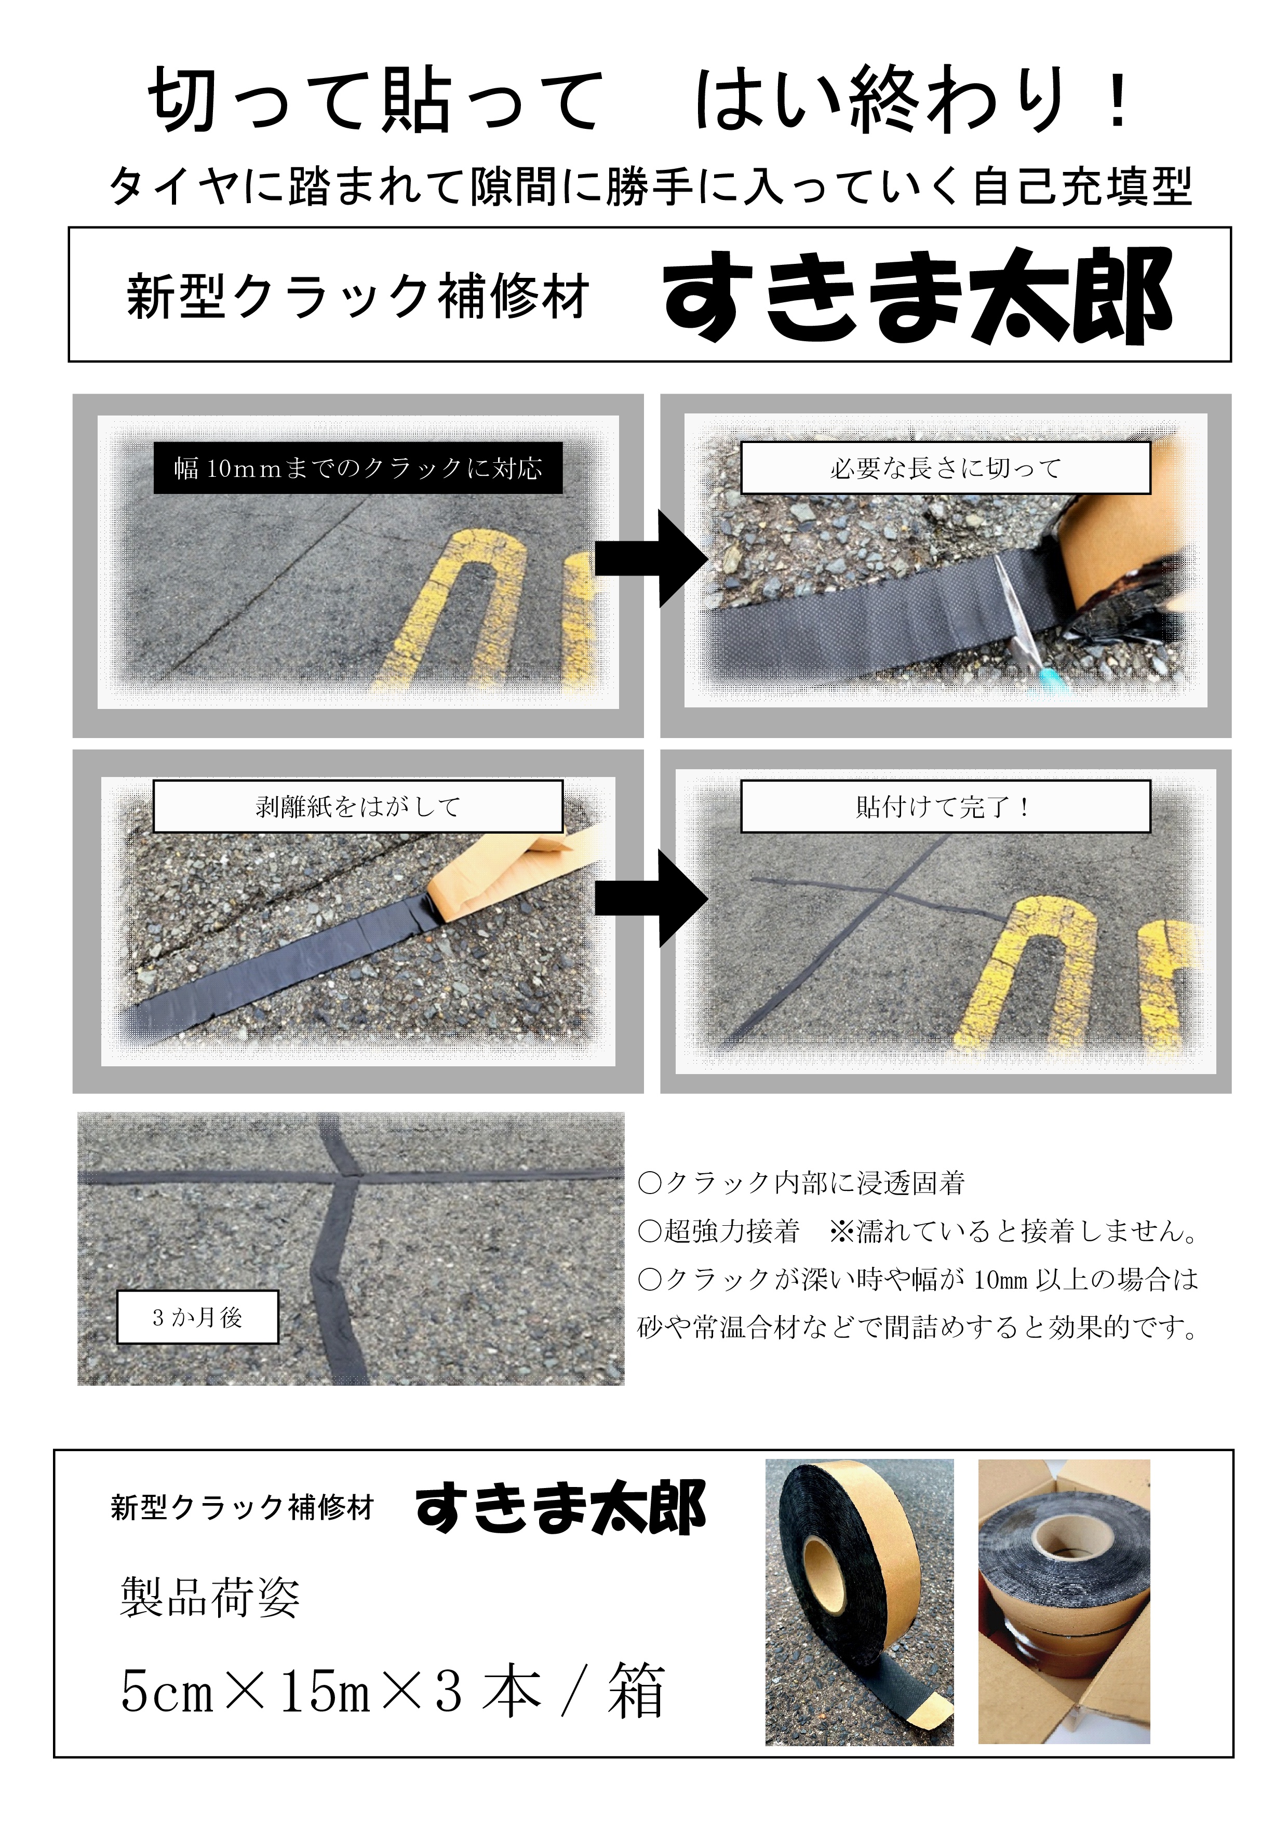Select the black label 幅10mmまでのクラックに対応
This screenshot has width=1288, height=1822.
358,468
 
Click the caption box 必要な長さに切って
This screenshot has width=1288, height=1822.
945,468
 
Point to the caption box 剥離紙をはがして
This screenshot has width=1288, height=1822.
358,806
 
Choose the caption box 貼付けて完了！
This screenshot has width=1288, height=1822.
945,806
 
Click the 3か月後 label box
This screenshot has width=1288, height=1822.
197,1317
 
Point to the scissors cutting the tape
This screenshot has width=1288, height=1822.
1018,611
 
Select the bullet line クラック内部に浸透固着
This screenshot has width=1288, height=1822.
801,1183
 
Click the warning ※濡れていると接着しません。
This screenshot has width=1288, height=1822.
1014,1231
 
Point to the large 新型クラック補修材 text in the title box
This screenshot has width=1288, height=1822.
358,296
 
